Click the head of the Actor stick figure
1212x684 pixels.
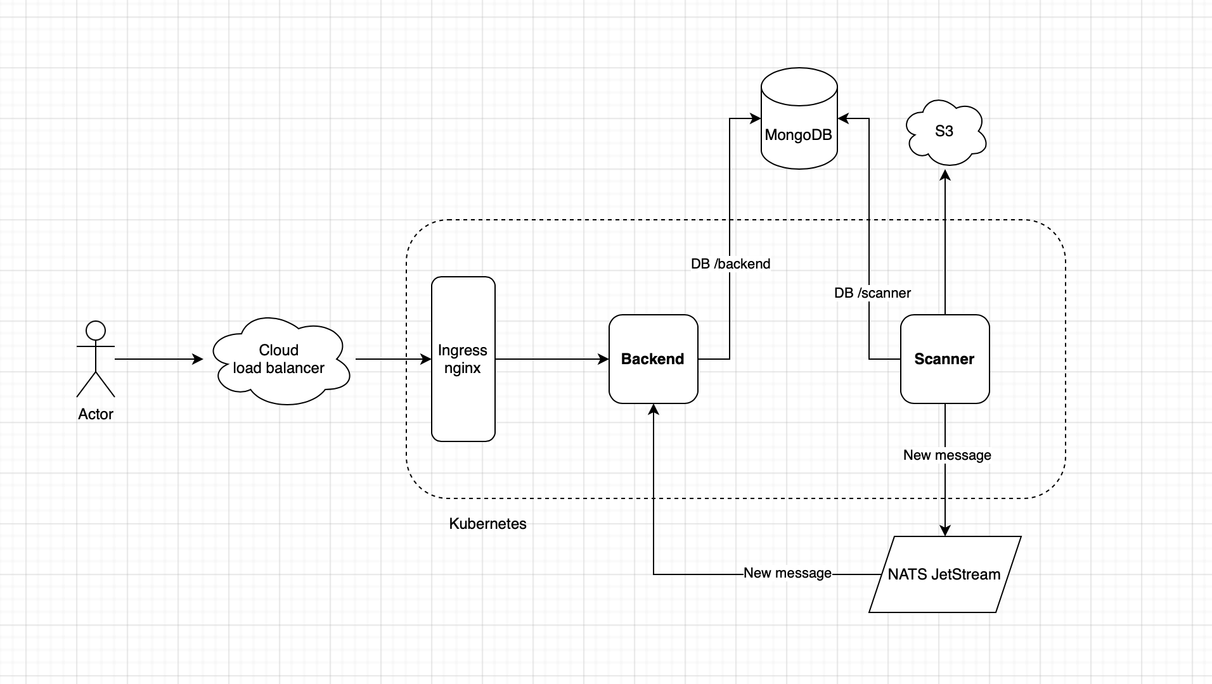pyautogui.click(x=96, y=331)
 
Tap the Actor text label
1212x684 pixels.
pyautogui.click(x=96, y=414)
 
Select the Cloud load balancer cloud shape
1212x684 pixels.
pyautogui.click(x=280, y=360)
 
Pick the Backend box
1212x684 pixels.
pyautogui.click(x=653, y=359)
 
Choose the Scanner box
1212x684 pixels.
pyautogui.click(x=944, y=359)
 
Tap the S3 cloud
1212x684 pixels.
pyautogui.click(x=944, y=132)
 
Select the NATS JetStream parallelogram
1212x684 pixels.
pyautogui.click(x=944, y=574)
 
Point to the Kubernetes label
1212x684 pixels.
pyautogui.click(x=487, y=524)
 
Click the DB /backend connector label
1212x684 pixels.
pyautogui.click(x=730, y=264)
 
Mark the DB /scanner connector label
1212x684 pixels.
pyautogui.click(x=872, y=293)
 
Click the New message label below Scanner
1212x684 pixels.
pyautogui.click(x=947, y=455)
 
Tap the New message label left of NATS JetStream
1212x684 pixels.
pyautogui.click(x=787, y=573)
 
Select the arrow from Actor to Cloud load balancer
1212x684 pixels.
pyautogui.click(x=158, y=359)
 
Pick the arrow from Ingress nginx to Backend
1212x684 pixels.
pyautogui.click(x=551, y=359)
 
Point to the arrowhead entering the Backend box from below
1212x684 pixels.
pyautogui.click(x=654, y=410)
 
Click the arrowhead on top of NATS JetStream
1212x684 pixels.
pyautogui.click(x=945, y=530)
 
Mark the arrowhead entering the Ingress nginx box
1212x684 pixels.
pyautogui.click(x=426, y=359)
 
